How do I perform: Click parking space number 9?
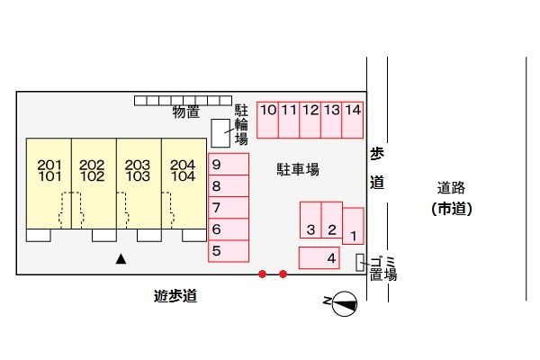[x=229, y=164]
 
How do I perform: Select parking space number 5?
[x=229, y=251]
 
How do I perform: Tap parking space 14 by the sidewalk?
[x=352, y=120]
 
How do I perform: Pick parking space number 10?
[x=267, y=120]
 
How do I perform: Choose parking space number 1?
[x=353, y=226]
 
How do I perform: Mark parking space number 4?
[x=319, y=257]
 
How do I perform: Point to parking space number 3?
[x=310, y=220]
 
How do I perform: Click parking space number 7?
[x=229, y=207]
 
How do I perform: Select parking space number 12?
[x=310, y=120]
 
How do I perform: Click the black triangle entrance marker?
[x=121, y=259]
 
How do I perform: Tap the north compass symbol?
[x=345, y=303]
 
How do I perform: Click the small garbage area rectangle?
[x=360, y=263]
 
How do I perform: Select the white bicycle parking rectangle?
[x=220, y=133]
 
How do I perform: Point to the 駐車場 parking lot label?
[x=298, y=169]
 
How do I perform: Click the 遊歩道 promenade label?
[x=175, y=296]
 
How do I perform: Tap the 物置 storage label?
[x=186, y=112]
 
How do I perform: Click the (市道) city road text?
[x=452, y=209]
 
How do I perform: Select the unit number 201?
[x=49, y=165]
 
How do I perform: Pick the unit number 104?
[x=183, y=176]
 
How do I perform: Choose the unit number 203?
[x=138, y=165]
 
